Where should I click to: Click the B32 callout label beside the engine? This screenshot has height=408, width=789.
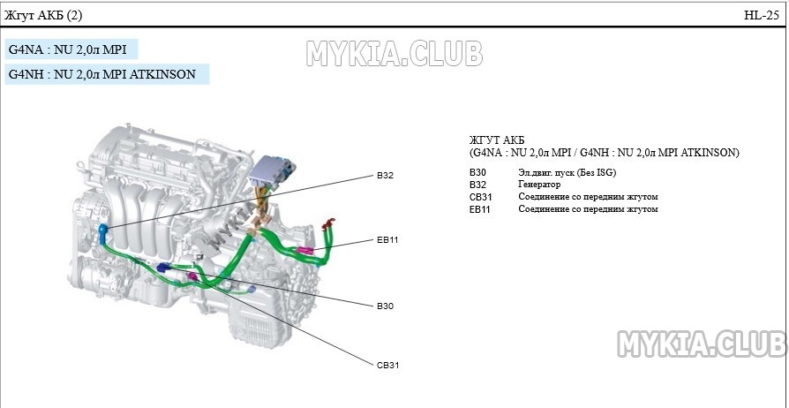point(384,176)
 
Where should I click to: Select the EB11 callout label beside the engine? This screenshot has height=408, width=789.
point(387,239)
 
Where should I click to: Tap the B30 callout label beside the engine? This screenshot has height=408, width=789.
point(384,306)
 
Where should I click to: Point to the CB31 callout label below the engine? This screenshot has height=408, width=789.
point(387,364)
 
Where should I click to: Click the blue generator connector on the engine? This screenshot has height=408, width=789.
point(104,232)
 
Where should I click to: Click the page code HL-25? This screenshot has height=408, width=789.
point(761,16)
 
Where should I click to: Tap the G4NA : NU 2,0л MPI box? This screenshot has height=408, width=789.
point(71,49)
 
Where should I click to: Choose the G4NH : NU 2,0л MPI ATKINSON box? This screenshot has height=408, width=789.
point(106,74)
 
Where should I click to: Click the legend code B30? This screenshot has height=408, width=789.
point(477,171)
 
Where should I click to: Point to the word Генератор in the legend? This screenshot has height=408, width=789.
point(539,184)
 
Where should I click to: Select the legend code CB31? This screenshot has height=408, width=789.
point(480,196)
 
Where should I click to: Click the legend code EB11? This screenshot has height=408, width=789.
point(480,209)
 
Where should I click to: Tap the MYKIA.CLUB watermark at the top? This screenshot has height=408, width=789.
point(394,53)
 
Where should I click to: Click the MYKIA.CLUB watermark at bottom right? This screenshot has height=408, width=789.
point(702,344)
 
